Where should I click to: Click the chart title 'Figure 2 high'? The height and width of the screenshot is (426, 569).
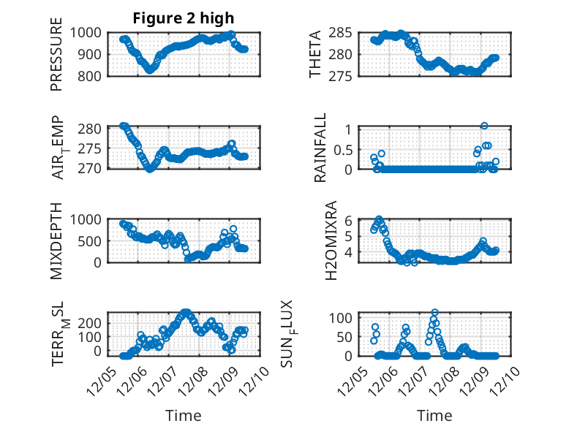point(184,18)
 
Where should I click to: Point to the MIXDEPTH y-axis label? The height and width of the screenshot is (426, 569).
point(56,240)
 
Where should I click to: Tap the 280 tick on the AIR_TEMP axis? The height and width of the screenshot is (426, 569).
point(94,129)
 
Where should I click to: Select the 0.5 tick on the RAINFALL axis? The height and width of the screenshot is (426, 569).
point(344,149)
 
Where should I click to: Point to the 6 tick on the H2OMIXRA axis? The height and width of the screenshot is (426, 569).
point(350,220)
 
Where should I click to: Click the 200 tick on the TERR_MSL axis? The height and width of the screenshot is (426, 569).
point(94,322)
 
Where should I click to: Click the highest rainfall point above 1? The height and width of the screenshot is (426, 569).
point(484,126)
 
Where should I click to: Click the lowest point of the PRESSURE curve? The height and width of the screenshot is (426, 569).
point(150,70)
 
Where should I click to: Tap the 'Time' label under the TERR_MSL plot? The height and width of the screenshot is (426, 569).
point(183,416)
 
